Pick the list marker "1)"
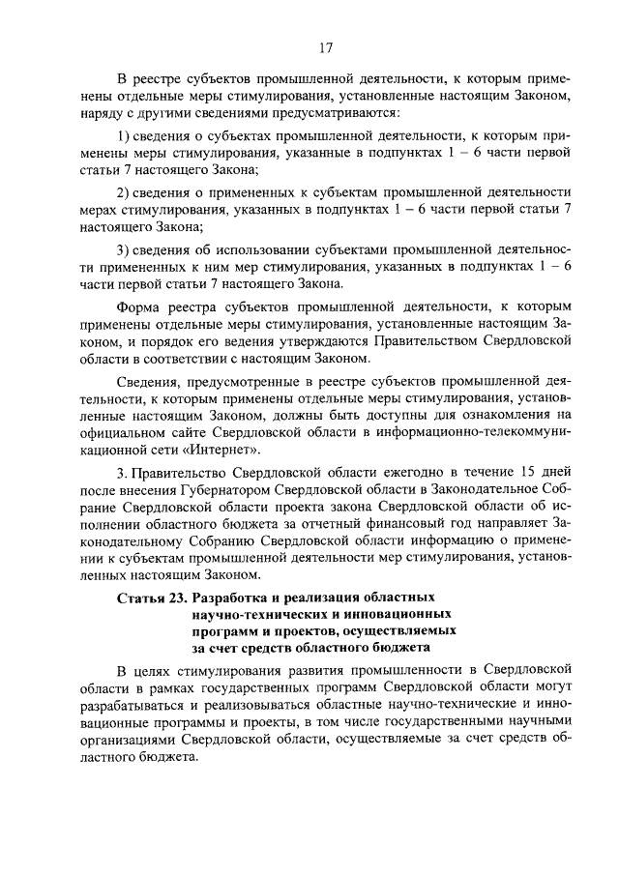pos(124,134)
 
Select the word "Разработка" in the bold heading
pos(234,597)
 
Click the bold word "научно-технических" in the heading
pos(250,614)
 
